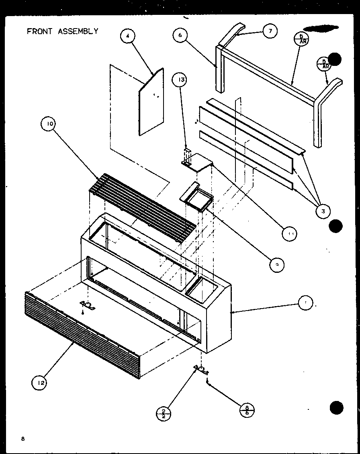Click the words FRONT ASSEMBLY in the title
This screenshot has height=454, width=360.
tap(62, 31)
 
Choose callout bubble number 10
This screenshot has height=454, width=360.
tap(49, 125)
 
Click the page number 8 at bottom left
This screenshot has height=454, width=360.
tap(23, 439)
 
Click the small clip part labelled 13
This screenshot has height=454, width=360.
tap(187, 157)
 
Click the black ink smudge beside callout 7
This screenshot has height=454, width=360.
tap(321, 28)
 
